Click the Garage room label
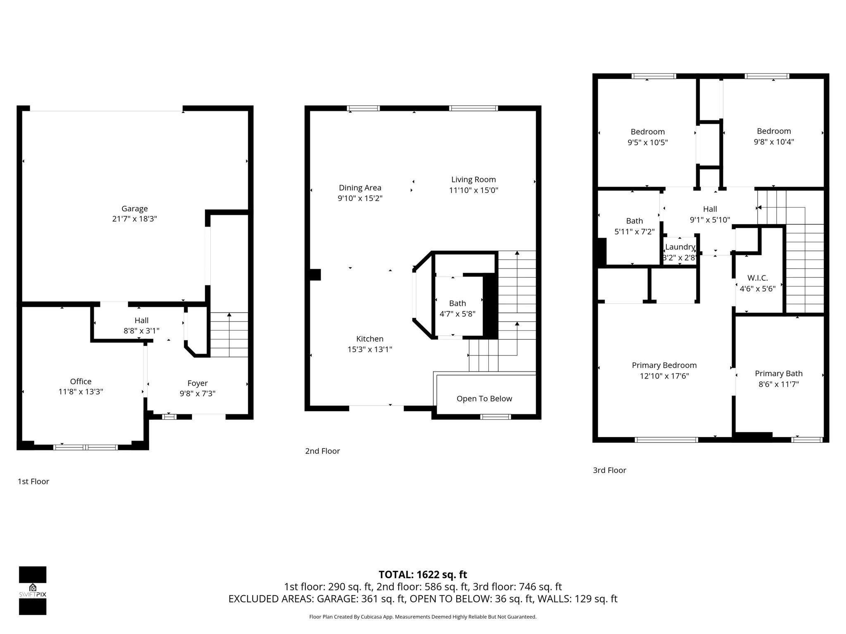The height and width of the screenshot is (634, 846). (x=134, y=209)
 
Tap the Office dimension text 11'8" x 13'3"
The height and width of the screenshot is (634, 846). (x=81, y=392)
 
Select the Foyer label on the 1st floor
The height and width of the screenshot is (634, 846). (x=197, y=383)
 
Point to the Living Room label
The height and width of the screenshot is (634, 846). (x=473, y=180)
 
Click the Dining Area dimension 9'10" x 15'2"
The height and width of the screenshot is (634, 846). (x=360, y=198)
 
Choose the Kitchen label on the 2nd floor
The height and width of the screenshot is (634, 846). (x=369, y=339)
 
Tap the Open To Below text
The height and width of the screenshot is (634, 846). (x=484, y=399)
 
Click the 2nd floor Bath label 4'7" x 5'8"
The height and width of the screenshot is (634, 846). (x=457, y=308)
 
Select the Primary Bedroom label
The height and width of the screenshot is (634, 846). (x=664, y=365)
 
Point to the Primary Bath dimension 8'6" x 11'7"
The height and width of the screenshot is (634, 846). (x=778, y=384)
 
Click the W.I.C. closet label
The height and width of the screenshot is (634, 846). (x=757, y=278)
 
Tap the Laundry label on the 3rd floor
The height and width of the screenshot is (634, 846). (x=680, y=247)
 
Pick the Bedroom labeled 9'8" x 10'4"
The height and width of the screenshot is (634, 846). (x=773, y=136)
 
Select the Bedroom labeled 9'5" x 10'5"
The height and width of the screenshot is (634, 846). (x=647, y=137)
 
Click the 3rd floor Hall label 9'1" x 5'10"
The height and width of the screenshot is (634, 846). (x=710, y=214)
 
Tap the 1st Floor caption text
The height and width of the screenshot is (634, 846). (x=33, y=481)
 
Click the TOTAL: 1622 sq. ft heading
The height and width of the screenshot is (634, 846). (x=423, y=575)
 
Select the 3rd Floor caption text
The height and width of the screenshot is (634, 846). (x=609, y=470)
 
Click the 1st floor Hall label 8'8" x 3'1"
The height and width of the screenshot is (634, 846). (x=141, y=325)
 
